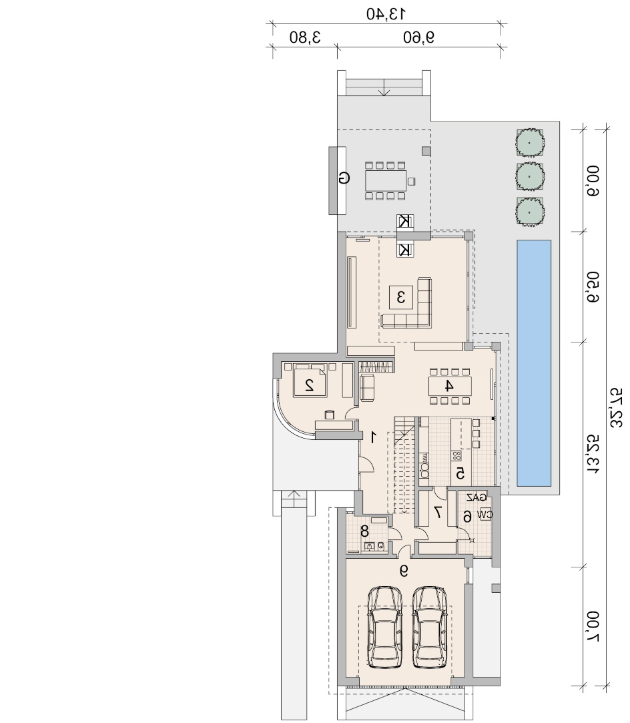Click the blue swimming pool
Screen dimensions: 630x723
pos(534,363)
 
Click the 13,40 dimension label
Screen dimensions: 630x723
pos(386,14)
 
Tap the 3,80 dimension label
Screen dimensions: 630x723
pos(305,37)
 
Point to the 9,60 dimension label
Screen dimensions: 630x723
pos(419,37)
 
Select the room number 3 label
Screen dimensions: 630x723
pos(401,297)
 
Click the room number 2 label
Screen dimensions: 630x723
pos(310,385)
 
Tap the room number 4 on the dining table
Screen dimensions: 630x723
pos(448,386)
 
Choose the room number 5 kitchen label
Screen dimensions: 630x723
pos(460,473)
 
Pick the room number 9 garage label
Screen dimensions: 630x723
pos(404,571)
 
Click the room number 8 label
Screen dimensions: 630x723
pos(364,531)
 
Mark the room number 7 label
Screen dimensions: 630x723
pos(438,512)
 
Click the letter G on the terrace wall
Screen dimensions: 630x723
pos(343,178)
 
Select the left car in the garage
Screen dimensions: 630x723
pos(385,627)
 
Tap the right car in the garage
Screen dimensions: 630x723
pos(430,627)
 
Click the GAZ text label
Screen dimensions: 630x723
pos(477,497)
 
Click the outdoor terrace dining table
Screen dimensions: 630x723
pos(386,180)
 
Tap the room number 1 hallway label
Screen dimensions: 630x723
pos(373,437)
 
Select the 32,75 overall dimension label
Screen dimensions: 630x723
pos(617,408)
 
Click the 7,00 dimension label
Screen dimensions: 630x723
pos(594,627)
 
